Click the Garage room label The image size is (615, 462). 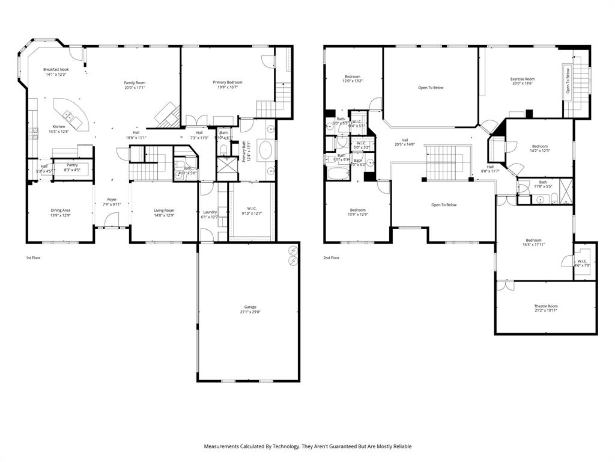click(x=250, y=307)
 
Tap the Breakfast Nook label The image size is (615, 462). click(x=56, y=70)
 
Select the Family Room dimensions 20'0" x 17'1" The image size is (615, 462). click(x=135, y=88)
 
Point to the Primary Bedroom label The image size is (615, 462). click(x=228, y=82)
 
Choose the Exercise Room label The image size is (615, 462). click(x=522, y=79)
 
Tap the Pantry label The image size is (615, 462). click(x=72, y=165)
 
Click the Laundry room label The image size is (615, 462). click(x=210, y=212)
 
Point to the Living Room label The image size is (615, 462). click(x=164, y=210)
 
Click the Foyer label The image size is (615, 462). click(x=112, y=199)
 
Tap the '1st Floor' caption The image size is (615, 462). click(x=33, y=257)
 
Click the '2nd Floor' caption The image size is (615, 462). click(x=332, y=257)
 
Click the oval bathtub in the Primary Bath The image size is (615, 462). click(x=265, y=150)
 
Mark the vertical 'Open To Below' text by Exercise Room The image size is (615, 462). click(x=568, y=81)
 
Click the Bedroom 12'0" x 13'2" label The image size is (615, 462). click(x=353, y=76)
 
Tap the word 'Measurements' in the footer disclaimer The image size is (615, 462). click(x=222, y=446)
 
